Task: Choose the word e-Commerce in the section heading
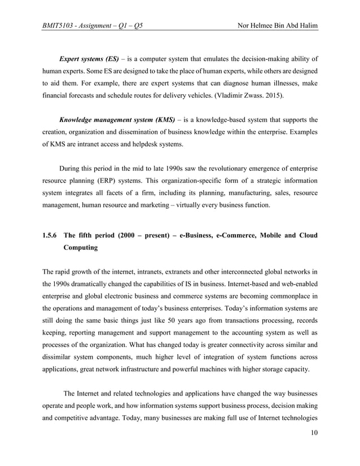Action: click(x=237, y=235)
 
